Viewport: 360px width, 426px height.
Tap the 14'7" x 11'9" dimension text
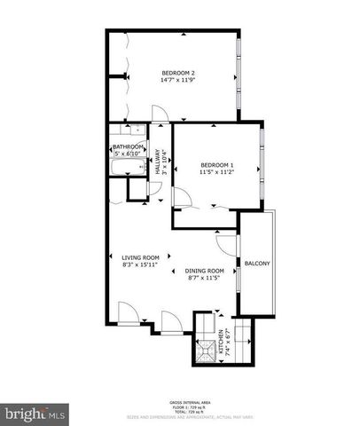click(x=177, y=80)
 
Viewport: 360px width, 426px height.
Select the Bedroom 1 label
click(x=216, y=165)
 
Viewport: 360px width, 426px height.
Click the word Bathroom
click(x=128, y=147)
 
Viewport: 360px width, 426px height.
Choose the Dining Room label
click(x=204, y=271)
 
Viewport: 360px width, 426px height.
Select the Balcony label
click(x=257, y=264)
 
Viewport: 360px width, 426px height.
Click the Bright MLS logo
click(x=35, y=414)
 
